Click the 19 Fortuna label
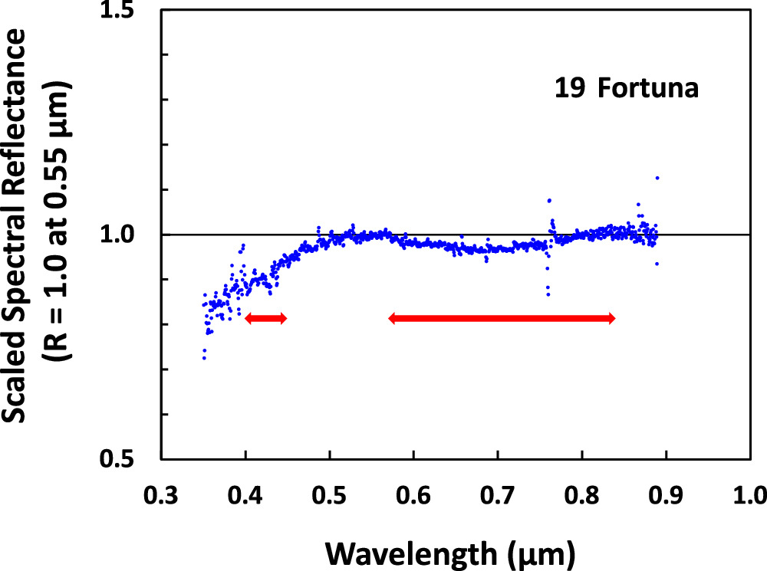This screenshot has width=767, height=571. click(x=627, y=88)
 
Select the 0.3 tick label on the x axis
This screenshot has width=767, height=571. click(x=160, y=491)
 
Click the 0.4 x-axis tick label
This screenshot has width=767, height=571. click(x=245, y=491)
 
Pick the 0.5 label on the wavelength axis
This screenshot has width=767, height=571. click(x=329, y=491)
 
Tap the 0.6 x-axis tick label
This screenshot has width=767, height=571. click(x=413, y=491)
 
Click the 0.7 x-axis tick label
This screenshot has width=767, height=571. click(x=498, y=491)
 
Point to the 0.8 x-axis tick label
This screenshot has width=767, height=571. click(x=582, y=491)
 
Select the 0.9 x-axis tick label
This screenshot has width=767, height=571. click(x=667, y=491)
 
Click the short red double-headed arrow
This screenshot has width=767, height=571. click(x=265, y=318)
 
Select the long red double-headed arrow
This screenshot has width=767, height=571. click(x=502, y=319)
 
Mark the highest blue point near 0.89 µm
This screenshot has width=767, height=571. click(x=657, y=178)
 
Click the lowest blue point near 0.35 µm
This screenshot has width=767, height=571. click(x=204, y=358)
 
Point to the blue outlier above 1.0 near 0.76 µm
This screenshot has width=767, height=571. click(x=549, y=201)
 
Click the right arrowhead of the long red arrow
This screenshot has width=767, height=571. click(x=611, y=319)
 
